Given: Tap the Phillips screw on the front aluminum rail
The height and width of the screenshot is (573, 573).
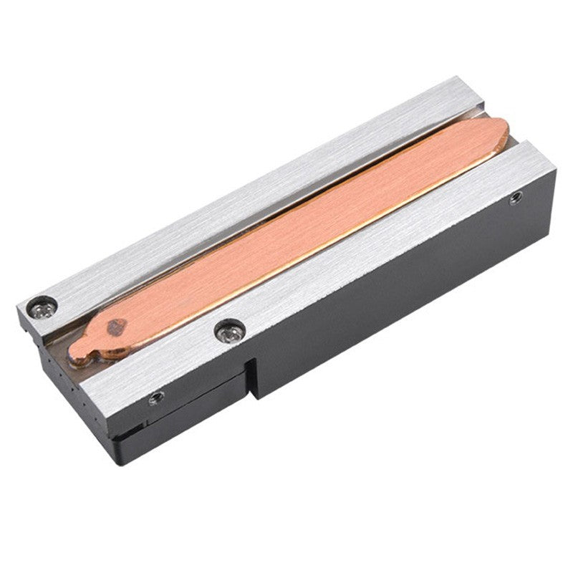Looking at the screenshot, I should (230, 331).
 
